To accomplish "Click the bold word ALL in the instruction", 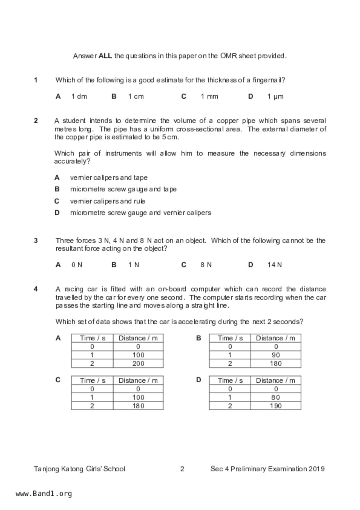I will click(x=105, y=56).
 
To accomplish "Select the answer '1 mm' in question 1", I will click(x=209, y=97).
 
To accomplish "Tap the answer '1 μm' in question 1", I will click(x=275, y=97).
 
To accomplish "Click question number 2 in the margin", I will click(x=36, y=121).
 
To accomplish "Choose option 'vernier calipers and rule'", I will click(x=108, y=201).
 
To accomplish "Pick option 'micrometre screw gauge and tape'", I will click(x=123, y=189).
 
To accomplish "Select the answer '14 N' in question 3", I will click(x=274, y=265).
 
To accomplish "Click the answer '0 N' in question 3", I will click(x=77, y=265).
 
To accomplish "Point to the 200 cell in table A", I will click(x=138, y=363).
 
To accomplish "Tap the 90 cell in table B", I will click(x=276, y=355).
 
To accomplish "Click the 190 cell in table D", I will click(x=276, y=406).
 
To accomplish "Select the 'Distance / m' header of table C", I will click(x=138, y=381).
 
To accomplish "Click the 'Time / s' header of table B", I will click(x=230, y=338).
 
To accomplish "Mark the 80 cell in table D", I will click(x=276, y=397).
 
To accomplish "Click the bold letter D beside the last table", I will click(x=199, y=380).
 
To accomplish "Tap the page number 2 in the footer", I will click(x=182, y=469).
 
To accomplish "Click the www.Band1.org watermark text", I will click(x=44, y=494).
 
